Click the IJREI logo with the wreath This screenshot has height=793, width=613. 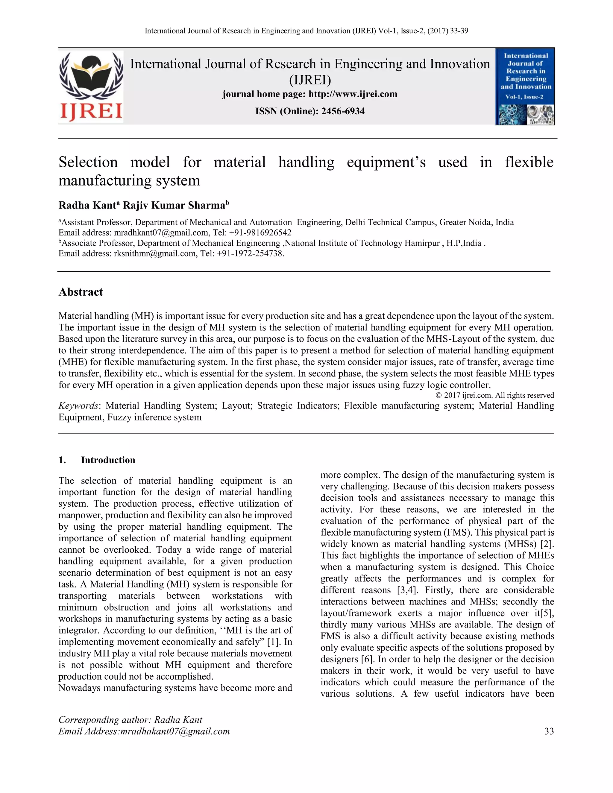pyautogui.click(x=91, y=86)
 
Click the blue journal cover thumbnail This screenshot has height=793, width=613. pyautogui.click(x=525, y=87)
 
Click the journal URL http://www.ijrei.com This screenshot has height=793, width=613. pyautogui.click(x=353, y=94)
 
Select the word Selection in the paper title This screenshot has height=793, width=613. pyautogui.click(x=88, y=162)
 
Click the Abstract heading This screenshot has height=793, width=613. pyautogui.click(x=81, y=292)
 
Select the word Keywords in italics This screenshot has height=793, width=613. pyautogui.click(x=78, y=405)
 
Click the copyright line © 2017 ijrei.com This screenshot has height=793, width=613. pyautogui.click(x=494, y=395)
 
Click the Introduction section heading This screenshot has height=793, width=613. pyautogui.click(x=108, y=460)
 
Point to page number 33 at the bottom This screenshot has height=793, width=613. pyautogui.click(x=549, y=731)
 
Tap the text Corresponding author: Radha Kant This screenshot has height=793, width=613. pyautogui.click(x=131, y=720)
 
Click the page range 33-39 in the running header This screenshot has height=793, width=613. pyautogui.click(x=459, y=31)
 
